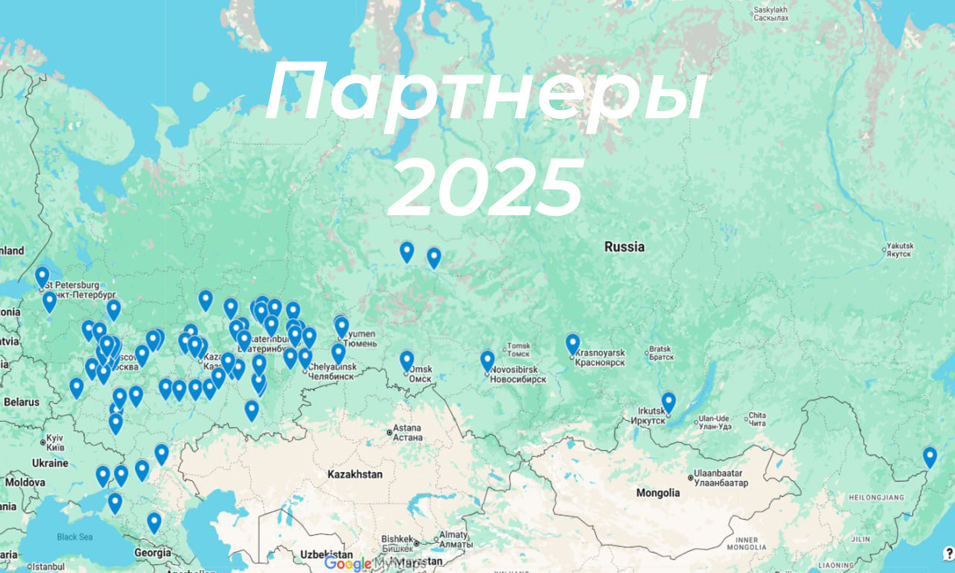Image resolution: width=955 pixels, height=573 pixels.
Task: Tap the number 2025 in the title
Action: point(485,187)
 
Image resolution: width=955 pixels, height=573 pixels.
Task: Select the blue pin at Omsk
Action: point(407,360)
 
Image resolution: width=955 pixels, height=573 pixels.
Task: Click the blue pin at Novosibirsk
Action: point(487,360)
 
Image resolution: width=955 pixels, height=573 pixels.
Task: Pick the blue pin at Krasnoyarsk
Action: point(573,343)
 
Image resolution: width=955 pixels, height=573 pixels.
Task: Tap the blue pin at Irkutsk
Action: point(668,402)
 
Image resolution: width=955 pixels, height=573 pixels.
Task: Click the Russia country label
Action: point(624,246)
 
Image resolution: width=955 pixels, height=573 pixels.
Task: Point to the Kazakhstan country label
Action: point(354,474)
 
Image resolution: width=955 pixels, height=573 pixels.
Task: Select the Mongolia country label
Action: point(657,492)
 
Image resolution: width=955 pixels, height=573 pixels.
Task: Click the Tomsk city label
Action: point(518,348)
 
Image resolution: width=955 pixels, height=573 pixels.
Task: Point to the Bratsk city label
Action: point(661,352)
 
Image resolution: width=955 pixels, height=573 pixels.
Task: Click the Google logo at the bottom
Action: point(347,563)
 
